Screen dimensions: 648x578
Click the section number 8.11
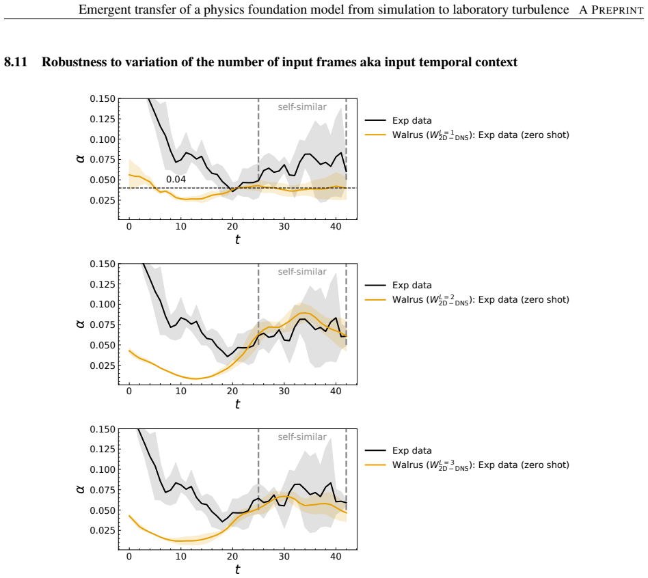pyautogui.click(x=16, y=62)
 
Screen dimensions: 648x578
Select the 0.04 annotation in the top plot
pyautogui.click(x=176, y=179)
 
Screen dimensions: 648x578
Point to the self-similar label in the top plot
pyautogui.click(x=302, y=107)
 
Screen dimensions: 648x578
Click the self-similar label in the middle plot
pyautogui.click(x=302, y=272)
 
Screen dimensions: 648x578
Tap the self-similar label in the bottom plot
pyautogui.click(x=302, y=437)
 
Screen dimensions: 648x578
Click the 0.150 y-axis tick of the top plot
pyautogui.click(x=103, y=99)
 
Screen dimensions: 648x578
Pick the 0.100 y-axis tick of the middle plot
pyautogui.click(x=103, y=304)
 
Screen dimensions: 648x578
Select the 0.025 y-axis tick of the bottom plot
pyautogui.click(x=103, y=530)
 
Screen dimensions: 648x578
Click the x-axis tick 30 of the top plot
pyautogui.click(x=284, y=226)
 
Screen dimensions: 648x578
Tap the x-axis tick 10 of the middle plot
pyautogui.click(x=180, y=391)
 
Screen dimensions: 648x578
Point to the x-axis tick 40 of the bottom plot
pyautogui.click(x=336, y=557)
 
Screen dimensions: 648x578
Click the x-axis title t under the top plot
pyautogui.click(x=237, y=240)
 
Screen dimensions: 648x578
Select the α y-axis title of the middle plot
pyautogui.click(x=81, y=323)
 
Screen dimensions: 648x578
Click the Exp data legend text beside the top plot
pyautogui.click(x=412, y=121)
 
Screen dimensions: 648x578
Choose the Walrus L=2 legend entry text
pyautogui.click(x=481, y=300)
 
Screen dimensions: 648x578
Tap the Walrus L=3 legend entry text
pyautogui.click(x=481, y=465)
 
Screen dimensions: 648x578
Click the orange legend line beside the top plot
pyautogui.click(x=375, y=135)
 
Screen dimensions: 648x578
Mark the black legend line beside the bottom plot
pyautogui.click(x=375, y=451)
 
